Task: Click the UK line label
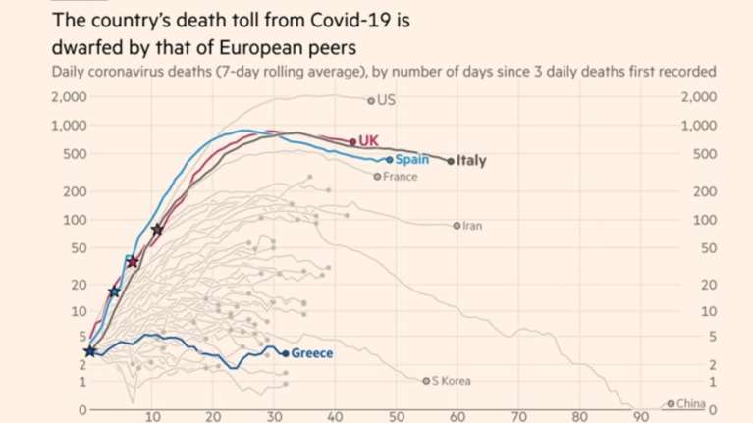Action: (x=369, y=141)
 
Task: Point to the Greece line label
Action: (x=313, y=353)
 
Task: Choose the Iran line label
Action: (x=472, y=226)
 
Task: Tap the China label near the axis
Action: (x=692, y=403)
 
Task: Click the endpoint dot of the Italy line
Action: (x=451, y=161)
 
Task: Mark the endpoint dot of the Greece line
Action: (x=286, y=353)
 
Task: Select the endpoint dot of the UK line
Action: (x=352, y=141)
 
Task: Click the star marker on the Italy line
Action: (x=157, y=230)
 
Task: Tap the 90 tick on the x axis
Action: (x=642, y=417)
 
